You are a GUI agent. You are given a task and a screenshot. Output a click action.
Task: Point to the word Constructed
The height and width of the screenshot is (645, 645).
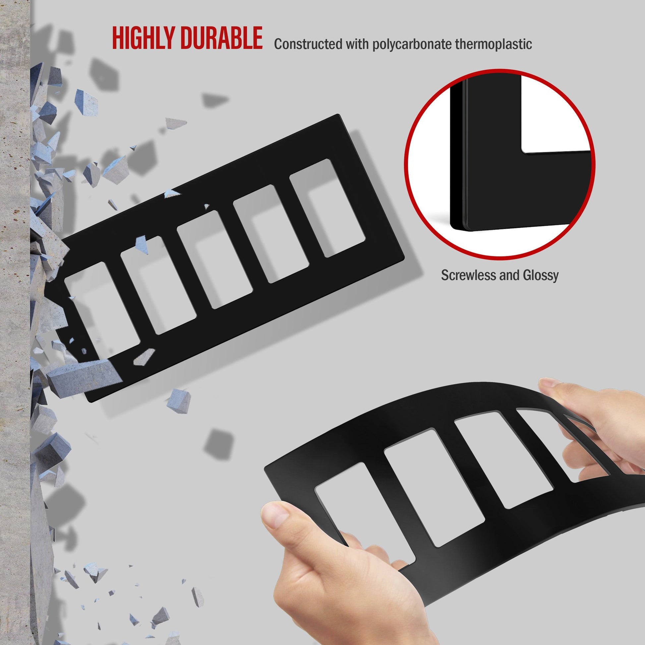coord(308,44)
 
